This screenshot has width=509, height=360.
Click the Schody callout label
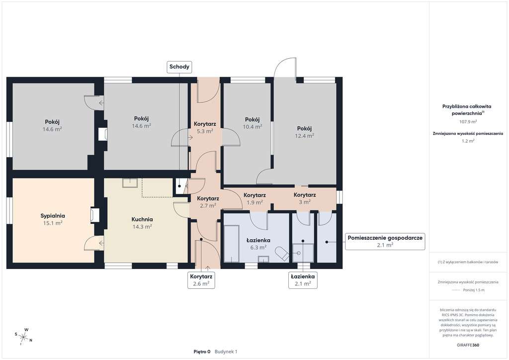click(179, 67)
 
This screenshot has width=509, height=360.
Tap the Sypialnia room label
click(53, 216)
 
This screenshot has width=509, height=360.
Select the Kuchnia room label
click(142, 219)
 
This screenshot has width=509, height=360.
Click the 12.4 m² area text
click(304, 136)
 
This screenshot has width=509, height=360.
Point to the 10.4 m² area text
click(252, 127)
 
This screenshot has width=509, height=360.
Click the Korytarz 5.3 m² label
click(205, 128)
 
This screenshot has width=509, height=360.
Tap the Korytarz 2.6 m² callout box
click(201, 280)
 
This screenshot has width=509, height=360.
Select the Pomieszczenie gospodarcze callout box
click(385, 241)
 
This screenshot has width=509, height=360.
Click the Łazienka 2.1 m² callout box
click(303, 280)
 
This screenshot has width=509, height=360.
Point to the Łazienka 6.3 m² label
click(258, 244)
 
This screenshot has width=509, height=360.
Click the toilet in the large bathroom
click(281, 254)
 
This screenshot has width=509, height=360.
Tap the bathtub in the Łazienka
click(232, 244)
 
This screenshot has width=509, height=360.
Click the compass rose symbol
click(23, 337)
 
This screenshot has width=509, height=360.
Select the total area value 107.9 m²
click(468, 122)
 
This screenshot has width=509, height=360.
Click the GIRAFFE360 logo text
click(468, 345)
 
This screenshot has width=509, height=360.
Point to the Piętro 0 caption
click(202, 352)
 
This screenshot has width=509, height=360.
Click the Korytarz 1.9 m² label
click(255, 199)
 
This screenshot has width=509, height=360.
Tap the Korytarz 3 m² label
click(305, 198)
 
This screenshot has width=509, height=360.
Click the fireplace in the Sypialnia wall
click(94, 215)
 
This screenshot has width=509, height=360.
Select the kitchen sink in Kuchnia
click(130, 182)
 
